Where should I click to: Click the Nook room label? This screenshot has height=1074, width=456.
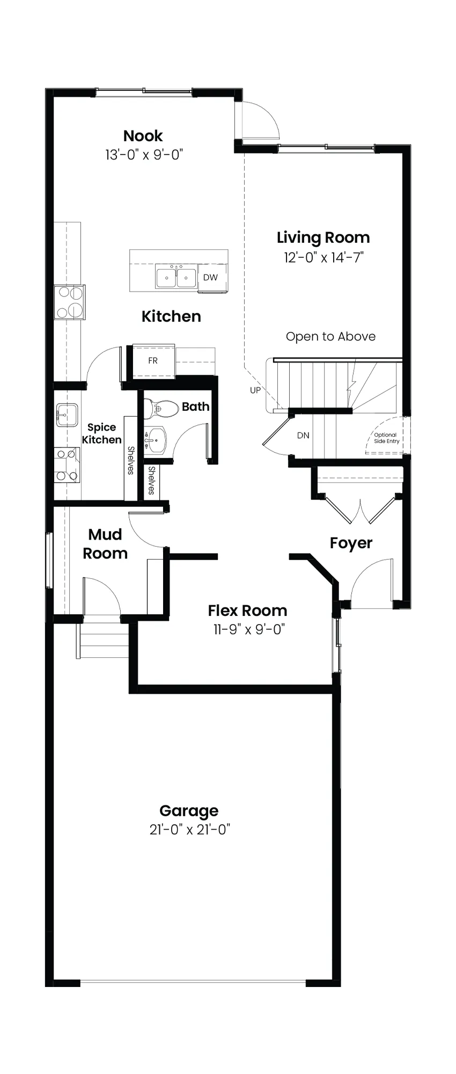(x=143, y=136)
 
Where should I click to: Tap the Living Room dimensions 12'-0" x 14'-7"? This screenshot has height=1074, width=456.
(x=323, y=257)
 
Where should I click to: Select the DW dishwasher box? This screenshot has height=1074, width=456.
(x=211, y=278)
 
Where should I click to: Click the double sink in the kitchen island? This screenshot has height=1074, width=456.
(x=176, y=277)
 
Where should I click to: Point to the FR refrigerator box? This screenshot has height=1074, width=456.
(x=153, y=360)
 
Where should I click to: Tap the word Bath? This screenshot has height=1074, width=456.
(x=195, y=407)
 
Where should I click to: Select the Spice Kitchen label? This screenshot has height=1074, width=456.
(x=101, y=433)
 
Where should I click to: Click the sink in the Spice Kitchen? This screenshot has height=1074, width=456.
(x=67, y=415)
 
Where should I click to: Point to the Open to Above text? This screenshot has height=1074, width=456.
(x=330, y=337)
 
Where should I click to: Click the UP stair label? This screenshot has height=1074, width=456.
(x=255, y=390)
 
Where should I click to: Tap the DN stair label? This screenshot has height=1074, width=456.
(x=303, y=436)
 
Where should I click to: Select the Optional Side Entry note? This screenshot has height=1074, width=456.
(x=386, y=438)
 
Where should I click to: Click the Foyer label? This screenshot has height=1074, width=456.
(x=351, y=543)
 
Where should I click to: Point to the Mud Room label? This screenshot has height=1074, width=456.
(x=105, y=544)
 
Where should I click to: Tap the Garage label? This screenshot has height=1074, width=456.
(x=189, y=811)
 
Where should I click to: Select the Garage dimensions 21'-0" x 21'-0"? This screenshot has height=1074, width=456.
(x=190, y=830)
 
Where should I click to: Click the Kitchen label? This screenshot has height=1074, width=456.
(x=171, y=316)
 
